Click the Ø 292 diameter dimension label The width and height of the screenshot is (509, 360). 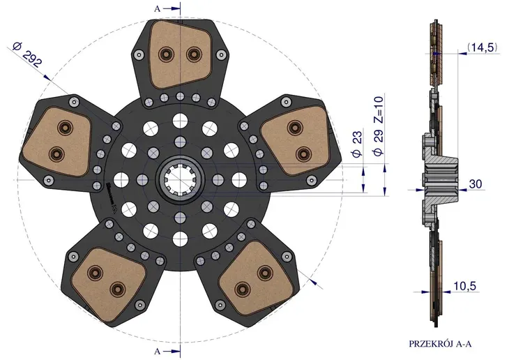click(x=27, y=55)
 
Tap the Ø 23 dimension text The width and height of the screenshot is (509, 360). click(x=357, y=144)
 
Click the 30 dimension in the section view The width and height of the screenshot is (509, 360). click(x=476, y=184)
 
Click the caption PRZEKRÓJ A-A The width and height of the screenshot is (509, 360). click(x=440, y=344)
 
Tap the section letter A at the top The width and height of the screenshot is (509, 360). click(x=158, y=9)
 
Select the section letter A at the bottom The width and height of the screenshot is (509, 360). click(x=158, y=351)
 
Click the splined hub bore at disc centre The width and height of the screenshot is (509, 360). click(x=179, y=180)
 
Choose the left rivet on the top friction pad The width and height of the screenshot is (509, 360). click(x=167, y=53)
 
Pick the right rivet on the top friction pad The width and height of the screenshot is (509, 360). click(x=194, y=53)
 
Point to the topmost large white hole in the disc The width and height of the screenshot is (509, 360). click(x=180, y=121)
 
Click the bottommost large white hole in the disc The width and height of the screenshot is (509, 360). click(x=180, y=239)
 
